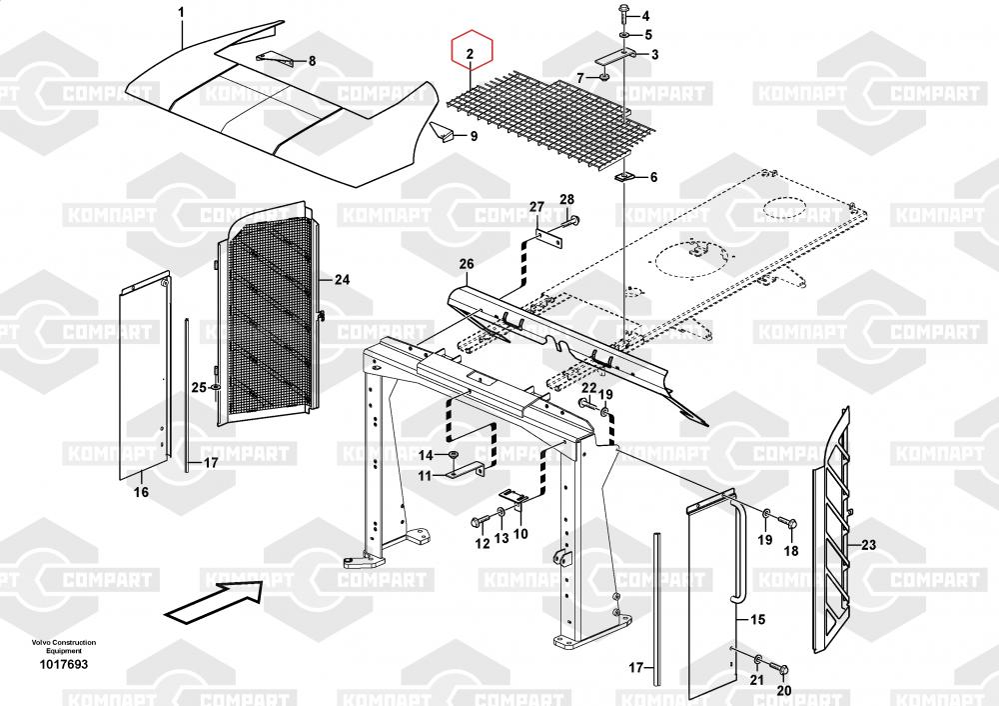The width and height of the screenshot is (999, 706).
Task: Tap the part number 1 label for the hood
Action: (x=181, y=12)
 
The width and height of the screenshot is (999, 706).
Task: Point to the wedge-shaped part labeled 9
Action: (x=442, y=129)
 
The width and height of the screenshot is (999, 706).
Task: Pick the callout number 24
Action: (x=343, y=280)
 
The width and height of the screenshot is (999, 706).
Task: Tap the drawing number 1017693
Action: (x=64, y=665)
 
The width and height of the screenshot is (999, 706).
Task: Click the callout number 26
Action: (x=465, y=264)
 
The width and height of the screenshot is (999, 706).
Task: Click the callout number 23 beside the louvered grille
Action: (x=868, y=545)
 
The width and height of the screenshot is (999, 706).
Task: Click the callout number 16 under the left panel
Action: (x=141, y=492)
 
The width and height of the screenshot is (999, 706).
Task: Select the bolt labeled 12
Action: (x=478, y=520)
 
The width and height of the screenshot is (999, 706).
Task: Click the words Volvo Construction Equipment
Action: (x=63, y=646)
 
